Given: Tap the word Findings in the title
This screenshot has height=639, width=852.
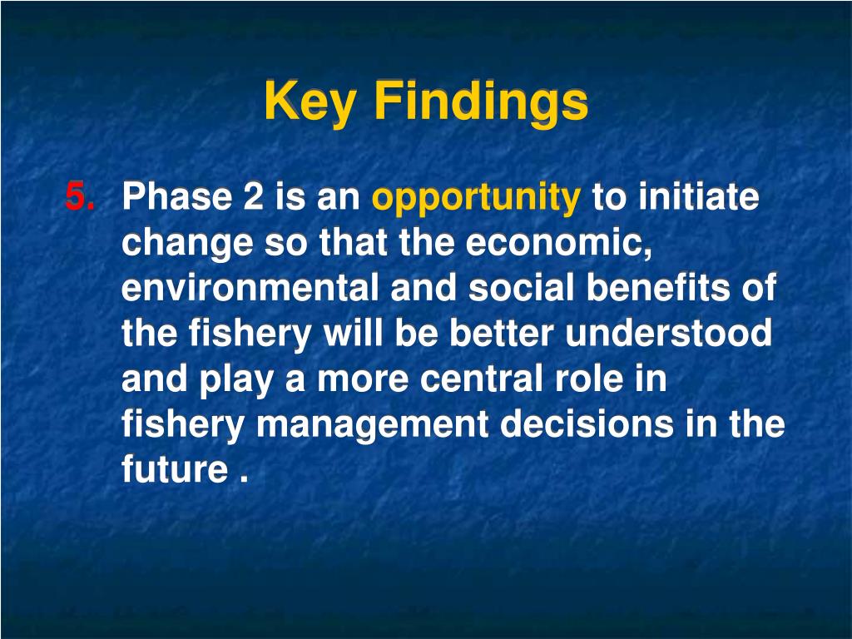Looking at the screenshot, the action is tap(482, 102).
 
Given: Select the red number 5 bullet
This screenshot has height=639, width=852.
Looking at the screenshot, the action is tap(80, 196).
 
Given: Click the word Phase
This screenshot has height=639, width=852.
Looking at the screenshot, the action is tap(176, 196).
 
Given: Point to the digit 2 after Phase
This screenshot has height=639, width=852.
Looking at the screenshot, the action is tap(253, 196).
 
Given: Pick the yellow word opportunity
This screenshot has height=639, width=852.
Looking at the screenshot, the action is tap(476, 199).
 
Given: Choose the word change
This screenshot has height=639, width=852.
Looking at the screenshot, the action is tap(187, 244).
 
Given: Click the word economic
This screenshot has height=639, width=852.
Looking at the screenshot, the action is tap(558, 242).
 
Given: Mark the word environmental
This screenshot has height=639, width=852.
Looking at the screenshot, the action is tap(250, 287).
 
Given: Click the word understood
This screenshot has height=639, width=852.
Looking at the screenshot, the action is tap(668, 333).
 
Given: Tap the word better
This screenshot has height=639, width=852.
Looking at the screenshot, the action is tap(501, 333).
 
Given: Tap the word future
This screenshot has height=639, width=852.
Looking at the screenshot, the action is tap(175, 469).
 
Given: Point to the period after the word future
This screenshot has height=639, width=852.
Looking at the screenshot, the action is tap(244, 478).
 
